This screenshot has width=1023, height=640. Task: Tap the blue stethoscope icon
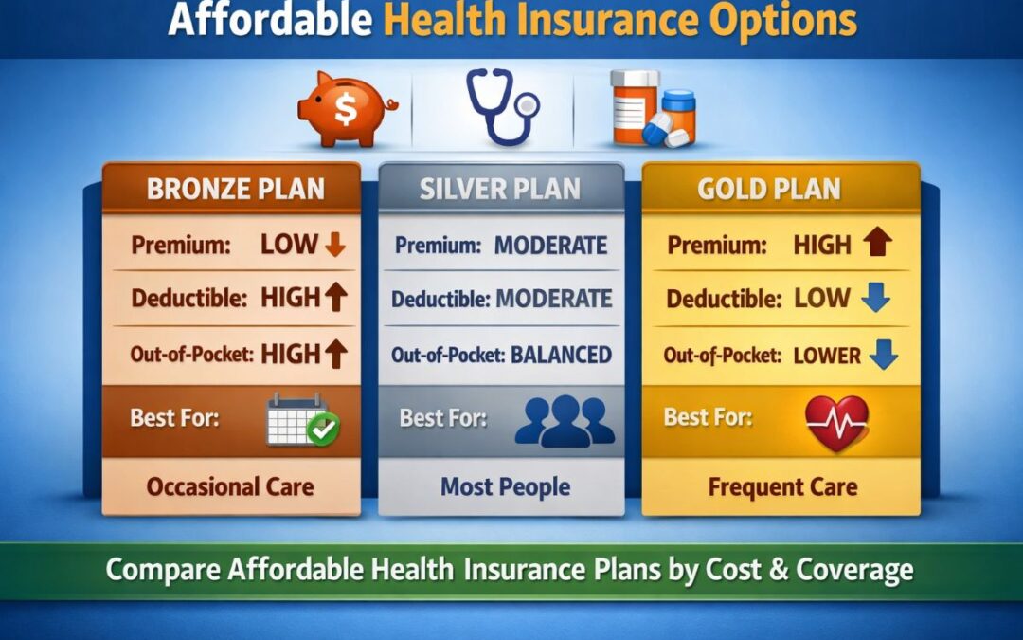click(x=501, y=109)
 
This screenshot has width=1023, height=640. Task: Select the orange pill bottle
click(x=634, y=107)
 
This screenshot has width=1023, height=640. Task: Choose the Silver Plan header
click(x=500, y=188)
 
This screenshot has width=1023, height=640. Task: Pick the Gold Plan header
click(x=768, y=188)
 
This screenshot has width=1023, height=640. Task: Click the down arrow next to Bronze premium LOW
click(x=334, y=246)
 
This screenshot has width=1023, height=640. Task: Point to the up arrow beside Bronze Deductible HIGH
click(x=335, y=299)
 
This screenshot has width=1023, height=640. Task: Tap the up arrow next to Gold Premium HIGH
click(x=878, y=246)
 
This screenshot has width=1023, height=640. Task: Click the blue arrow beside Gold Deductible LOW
click(x=876, y=300)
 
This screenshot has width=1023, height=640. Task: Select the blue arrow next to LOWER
click(x=884, y=356)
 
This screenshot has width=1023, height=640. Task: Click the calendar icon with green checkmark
click(x=302, y=419)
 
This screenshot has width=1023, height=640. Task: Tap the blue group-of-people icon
click(x=565, y=419)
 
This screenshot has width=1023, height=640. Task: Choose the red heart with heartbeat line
click(x=836, y=422)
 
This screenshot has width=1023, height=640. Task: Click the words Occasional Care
click(x=229, y=488)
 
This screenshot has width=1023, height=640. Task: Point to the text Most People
click(x=505, y=488)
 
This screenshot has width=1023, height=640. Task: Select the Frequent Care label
click(x=782, y=488)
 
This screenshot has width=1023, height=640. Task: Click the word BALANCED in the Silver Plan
click(x=561, y=356)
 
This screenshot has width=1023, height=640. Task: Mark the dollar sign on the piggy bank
click(x=346, y=112)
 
